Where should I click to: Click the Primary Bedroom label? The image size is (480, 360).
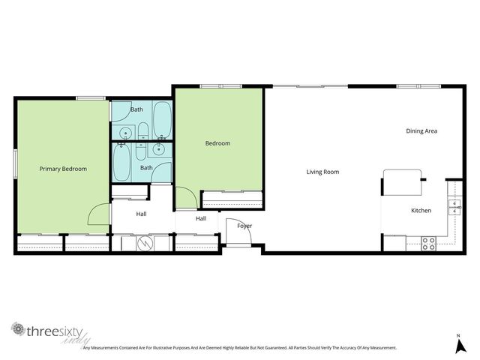tap(63, 169)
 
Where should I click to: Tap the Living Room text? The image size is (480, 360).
tap(322, 172)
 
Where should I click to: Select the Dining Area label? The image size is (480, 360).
tap(421, 131)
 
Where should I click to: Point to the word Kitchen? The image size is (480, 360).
tap(421, 211)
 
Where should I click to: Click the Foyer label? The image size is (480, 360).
tap(244, 226)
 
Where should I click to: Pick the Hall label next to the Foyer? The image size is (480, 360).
tap(201, 219)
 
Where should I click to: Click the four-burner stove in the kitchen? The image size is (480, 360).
tap(429, 243)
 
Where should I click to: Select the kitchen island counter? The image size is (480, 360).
tap(403, 180)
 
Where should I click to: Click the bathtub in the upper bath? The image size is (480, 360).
tap(162, 120)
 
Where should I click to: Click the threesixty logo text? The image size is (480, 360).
tap(52, 331)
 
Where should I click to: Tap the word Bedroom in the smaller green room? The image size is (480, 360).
tap(217, 143)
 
